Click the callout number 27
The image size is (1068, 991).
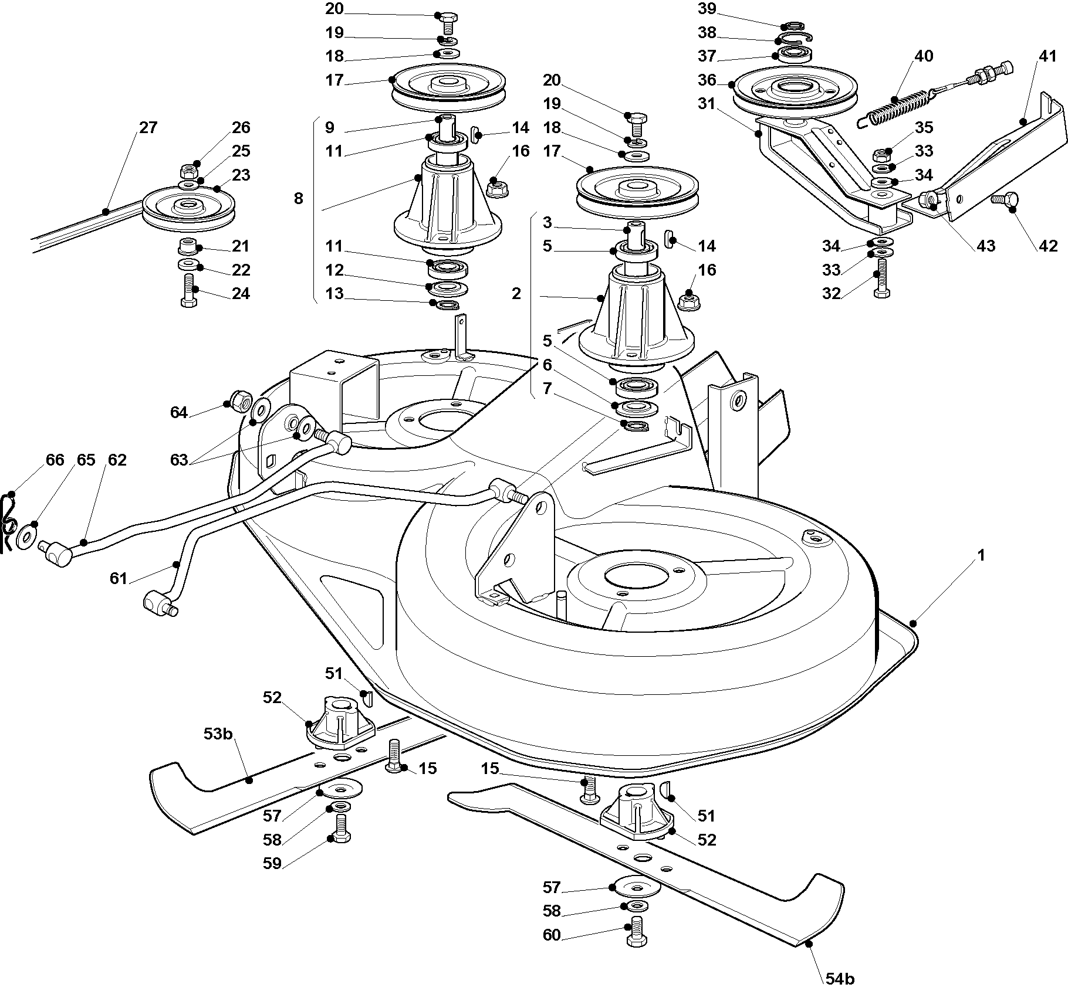pos(148,127)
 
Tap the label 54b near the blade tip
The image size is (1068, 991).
pos(840,979)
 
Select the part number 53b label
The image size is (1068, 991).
pos(218,734)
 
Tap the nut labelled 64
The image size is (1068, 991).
pos(238,401)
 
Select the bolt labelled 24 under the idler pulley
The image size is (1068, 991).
pos(188,290)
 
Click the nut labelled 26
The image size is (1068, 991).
pos(188,172)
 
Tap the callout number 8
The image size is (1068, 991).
pos(299,198)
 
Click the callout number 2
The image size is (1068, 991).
pos(516,293)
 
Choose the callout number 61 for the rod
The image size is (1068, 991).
pos(119,578)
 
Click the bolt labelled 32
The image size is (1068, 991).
pos(881,278)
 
